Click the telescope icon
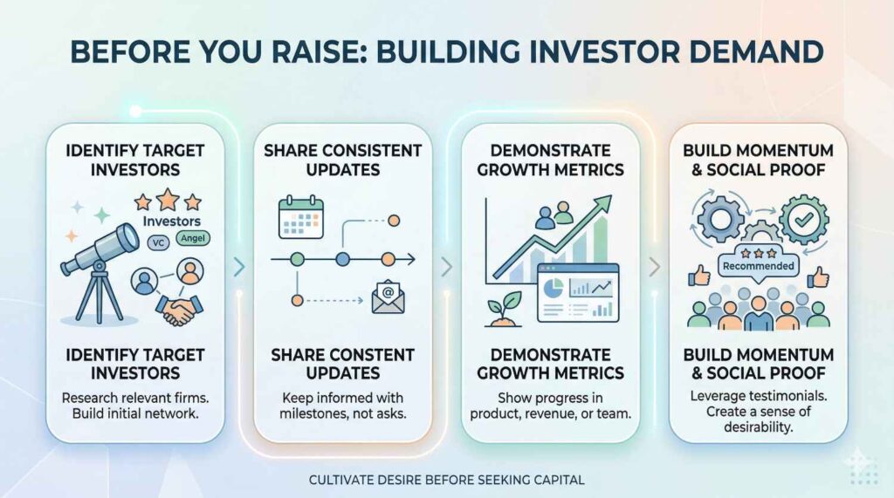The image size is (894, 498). (x=100, y=268)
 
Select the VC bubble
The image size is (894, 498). (x=158, y=243)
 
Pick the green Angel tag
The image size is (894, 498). (x=193, y=238)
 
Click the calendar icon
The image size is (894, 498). (x=301, y=217)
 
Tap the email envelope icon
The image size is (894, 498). (x=388, y=297)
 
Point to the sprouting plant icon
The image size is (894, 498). (x=503, y=310)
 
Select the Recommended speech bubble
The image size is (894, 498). (x=759, y=264)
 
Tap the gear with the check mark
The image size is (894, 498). (x=804, y=219)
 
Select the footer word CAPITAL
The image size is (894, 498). (x=559, y=480)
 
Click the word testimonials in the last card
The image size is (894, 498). (x=788, y=395)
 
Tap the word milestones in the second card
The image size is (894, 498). (x=313, y=413)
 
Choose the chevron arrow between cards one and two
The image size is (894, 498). (x=239, y=267)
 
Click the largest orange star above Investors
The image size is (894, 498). (x=168, y=200)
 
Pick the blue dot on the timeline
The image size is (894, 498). (x=342, y=260)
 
